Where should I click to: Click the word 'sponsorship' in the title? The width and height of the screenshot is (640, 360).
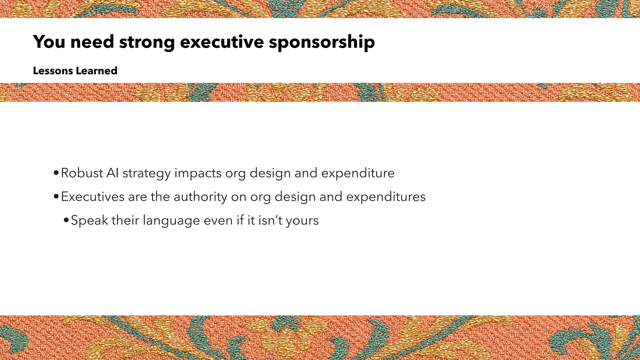tap(322, 42)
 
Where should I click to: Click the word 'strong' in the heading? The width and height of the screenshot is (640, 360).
tap(147, 42)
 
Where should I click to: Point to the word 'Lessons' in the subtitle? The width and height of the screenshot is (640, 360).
tap(53, 71)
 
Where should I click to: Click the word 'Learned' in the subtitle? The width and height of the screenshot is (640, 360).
tap(97, 71)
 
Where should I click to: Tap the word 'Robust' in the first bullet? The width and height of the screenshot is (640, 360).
tap(82, 173)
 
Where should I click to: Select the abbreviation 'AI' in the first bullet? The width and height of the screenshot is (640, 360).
tap(112, 173)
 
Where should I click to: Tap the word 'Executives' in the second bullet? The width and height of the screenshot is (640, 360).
tap(92, 197)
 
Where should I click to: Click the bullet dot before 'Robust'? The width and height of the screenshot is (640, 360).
tap(56, 173)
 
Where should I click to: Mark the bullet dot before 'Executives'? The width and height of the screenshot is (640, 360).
tap(56, 197)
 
